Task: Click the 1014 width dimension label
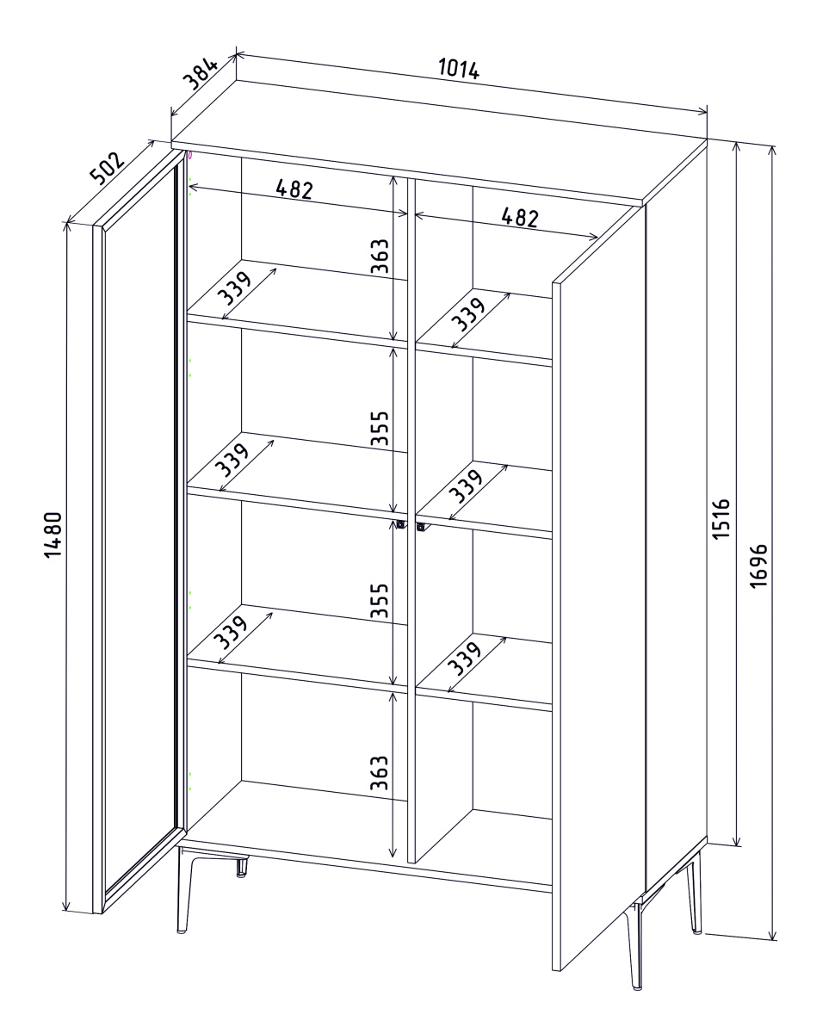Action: pos(458,69)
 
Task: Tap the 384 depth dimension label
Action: pos(201,74)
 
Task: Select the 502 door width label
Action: pos(108,168)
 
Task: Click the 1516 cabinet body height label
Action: pos(721,517)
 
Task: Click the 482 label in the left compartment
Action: pos(294,189)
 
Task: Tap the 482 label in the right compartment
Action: pos(519,217)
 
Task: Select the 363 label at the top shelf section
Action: pos(380,256)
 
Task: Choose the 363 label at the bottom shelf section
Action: pos(379,772)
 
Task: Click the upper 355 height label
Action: pos(379,428)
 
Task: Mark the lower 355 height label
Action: pos(379,600)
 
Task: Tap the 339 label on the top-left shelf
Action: pos(234,288)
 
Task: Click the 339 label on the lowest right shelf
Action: pos(464,659)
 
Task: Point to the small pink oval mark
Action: pos(190,155)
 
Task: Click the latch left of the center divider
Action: pos(400,523)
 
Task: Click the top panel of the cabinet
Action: pos(439,140)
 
